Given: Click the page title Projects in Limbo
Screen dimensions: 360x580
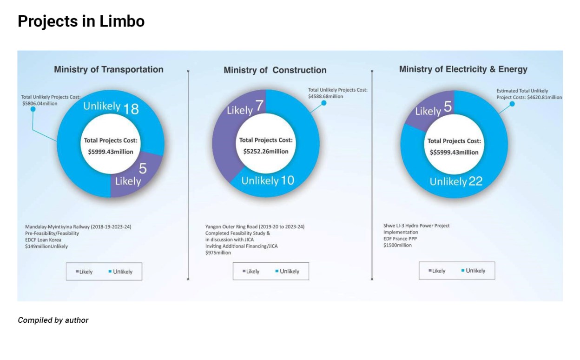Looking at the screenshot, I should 81,21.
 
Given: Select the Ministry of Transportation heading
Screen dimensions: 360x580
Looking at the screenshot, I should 109,70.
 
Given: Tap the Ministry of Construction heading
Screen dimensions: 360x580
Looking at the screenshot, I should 275,70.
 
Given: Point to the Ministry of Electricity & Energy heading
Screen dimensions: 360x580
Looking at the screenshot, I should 463,70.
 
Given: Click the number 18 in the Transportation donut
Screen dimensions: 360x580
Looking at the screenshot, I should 131,109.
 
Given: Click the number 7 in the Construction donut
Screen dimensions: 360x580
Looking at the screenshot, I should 260,106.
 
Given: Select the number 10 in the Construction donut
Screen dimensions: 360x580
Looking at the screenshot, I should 287,180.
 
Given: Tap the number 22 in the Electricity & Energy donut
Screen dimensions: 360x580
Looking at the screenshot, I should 475,181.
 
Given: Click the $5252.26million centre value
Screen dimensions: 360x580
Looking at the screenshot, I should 266,151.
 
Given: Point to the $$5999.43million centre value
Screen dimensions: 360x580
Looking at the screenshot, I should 454,152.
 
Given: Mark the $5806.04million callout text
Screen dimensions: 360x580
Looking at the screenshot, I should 40,103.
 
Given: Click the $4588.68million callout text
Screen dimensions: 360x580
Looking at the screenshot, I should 325,96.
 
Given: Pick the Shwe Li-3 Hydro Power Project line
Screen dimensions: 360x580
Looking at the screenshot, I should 416,226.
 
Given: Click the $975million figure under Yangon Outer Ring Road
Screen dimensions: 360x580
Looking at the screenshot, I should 218,253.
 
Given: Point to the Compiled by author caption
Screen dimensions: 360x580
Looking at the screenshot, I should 53,320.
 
